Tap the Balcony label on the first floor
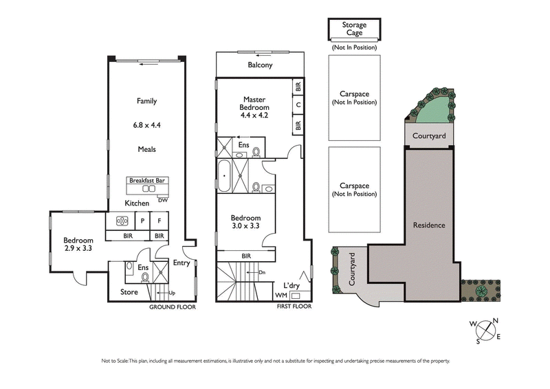point(260,66)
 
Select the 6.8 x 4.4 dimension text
point(146,125)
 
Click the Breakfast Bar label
point(148,181)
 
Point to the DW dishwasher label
point(162,200)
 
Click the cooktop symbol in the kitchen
point(122,221)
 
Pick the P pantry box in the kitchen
point(142,221)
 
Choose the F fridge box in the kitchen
point(159,221)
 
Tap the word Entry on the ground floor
point(181,263)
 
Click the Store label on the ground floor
point(129,292)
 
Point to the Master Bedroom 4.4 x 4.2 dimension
point(254,115)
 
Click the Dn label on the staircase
point(262,271)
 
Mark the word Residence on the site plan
point(428,225)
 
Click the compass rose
point(489,330)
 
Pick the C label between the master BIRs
point(298,105)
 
